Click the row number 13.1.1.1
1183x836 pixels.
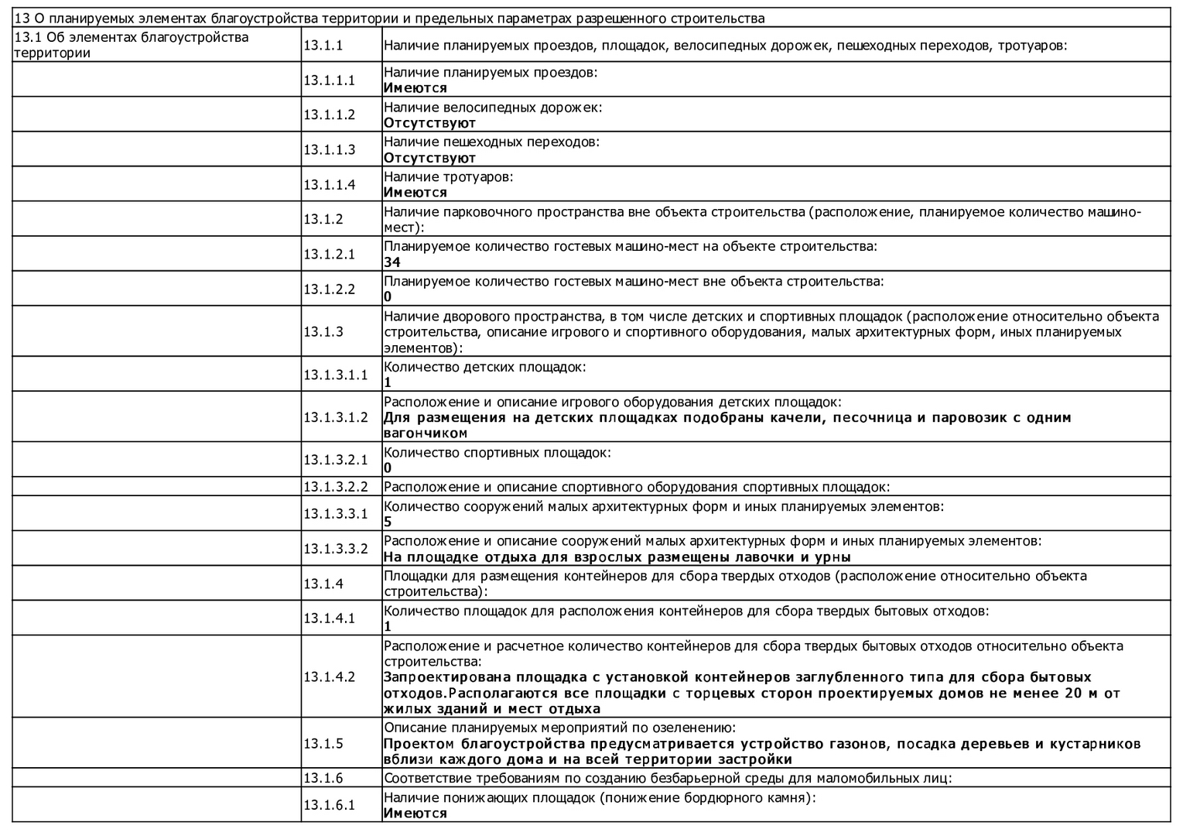tap(329, 80)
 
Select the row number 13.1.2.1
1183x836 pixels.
tap(329, 254)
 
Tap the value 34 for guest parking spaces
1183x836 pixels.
tap(391, 262)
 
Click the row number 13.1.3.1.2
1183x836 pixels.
tap(336, 417)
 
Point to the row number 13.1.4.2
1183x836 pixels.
tap(329, 677)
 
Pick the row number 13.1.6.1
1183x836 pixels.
tap(329, 804)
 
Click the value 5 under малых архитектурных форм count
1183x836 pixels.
tap(388, 522)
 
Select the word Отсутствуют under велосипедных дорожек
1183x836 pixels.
tap(429, 123)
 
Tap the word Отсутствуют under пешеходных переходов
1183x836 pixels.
tap(429, 158)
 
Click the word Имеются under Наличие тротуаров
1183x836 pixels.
tap(415, 193)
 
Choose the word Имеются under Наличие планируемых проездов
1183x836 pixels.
tap(415, 88)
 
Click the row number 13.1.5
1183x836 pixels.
tap(323, 743)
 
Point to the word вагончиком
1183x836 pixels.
tap(426, 433)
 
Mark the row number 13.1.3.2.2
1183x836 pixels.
tap(336, 487)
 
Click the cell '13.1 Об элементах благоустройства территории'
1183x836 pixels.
tap(132, 45)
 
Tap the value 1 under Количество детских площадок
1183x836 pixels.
tap(388, 382)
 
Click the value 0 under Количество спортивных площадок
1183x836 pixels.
tap(388, 468)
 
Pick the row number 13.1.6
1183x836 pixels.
tap(323, 778)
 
